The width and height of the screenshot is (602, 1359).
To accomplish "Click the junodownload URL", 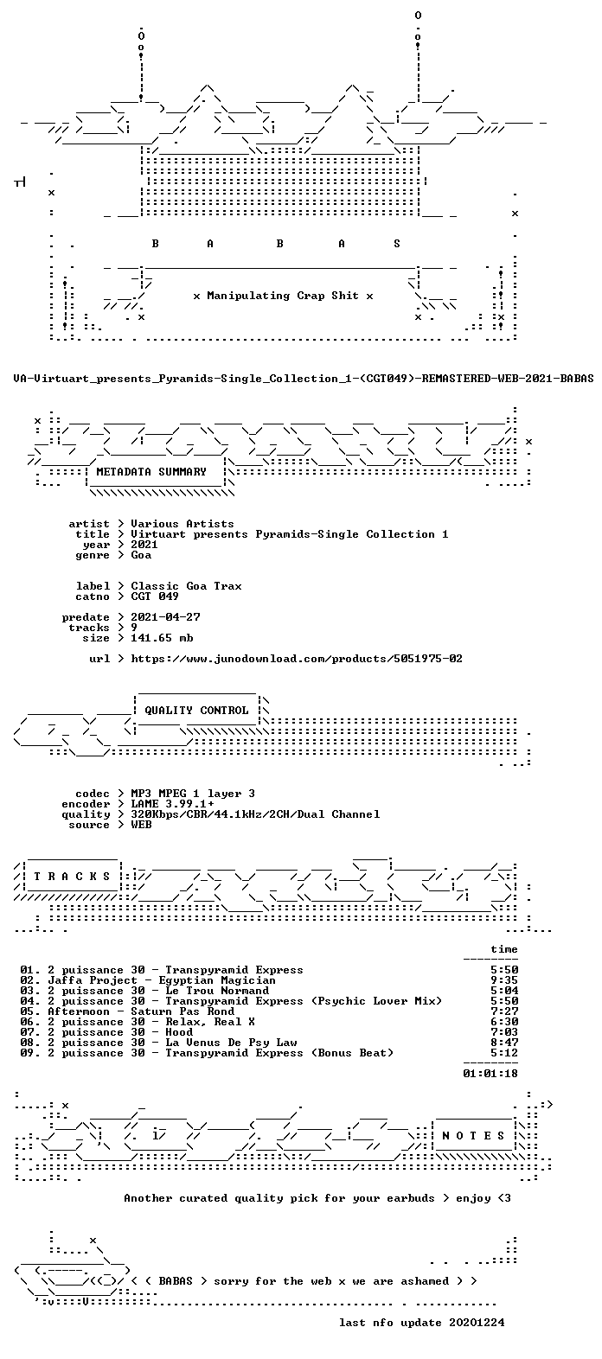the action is [297, 659].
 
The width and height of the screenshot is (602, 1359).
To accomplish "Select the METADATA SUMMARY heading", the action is [151, 472].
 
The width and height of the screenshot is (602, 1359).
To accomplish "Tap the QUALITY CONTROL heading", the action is [196, 711].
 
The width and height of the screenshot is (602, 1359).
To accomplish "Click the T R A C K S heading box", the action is [72, 877].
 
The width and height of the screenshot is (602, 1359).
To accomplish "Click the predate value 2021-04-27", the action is [166, 617].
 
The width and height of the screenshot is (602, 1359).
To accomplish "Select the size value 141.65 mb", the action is [162, 638].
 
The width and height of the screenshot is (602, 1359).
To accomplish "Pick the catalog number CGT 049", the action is [155, 597].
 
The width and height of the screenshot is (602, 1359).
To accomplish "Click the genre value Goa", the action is [141, 555].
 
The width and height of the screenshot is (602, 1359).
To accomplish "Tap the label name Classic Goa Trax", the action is [186, 586].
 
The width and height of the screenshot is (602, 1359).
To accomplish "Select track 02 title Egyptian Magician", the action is [217, 980].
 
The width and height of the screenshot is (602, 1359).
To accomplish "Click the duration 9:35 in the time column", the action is [504, 980].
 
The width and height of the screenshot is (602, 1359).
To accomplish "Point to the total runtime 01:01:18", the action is [490, 1073].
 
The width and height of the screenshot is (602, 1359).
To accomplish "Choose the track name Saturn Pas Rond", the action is [183, 1011].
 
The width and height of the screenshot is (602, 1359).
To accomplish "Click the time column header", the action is [504, 949].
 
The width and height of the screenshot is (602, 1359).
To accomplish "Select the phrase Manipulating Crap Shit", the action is [283, 296].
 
